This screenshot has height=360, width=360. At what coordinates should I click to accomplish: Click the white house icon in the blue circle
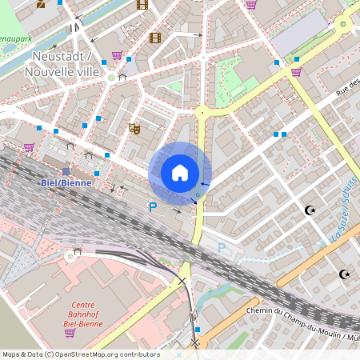pyautogui.click(x=180, y=173)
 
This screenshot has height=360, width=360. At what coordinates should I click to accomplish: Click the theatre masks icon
pyautogui.click(x=135, y=127)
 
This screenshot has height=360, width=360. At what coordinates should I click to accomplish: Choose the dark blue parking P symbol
pyautogui.click(x=152, y=207)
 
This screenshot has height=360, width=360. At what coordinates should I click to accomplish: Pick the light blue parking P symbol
pyautogui.click(x=222, y=248)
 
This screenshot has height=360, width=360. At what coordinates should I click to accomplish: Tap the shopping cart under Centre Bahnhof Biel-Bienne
pyautogui.click(x=70, y=332)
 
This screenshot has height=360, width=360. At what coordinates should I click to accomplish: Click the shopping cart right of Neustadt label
pyautogui.click(x=118, y=56)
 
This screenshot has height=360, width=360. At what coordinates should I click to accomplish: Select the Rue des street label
pyautogui.click(x=348, y=86)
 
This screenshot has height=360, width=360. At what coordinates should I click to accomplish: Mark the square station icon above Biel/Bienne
pyautogui.click(x=66, y=171)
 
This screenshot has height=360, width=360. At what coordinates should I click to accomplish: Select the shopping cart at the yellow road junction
pyautogui.click(x=297, y=72)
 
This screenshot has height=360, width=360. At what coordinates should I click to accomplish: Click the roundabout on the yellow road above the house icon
pyautogui.click(x=202, y=113)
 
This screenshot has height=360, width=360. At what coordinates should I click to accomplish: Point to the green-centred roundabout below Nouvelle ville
pyautogui.click(x=111, y=77)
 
